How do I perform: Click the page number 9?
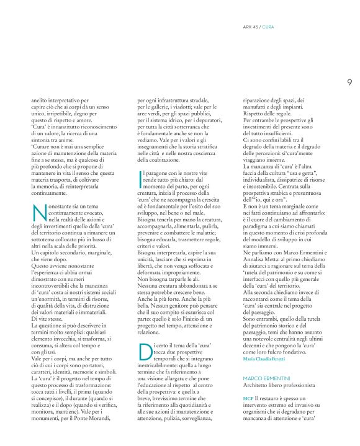pos(350,81)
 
